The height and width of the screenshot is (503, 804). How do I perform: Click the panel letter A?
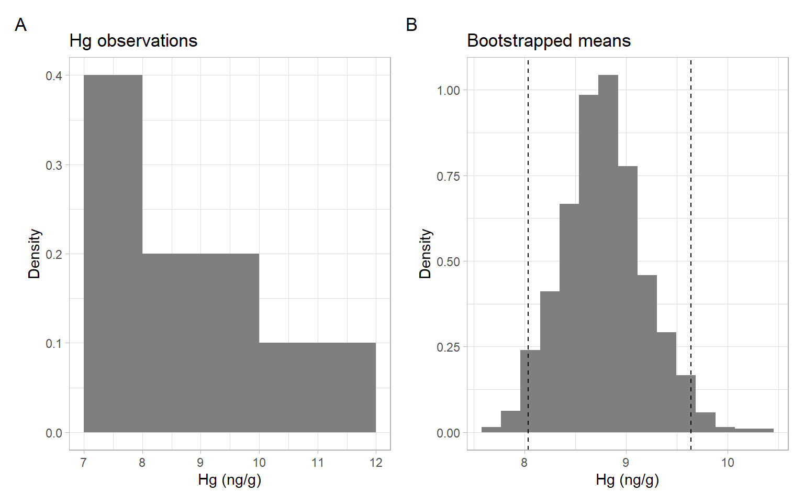(20, 25)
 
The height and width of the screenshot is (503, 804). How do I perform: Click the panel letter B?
(411, 25)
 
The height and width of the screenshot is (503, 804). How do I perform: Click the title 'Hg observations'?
(133, 41)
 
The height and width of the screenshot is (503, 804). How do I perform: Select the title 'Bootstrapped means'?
(549, 41)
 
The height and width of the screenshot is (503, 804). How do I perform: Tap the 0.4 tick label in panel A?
(53, 76)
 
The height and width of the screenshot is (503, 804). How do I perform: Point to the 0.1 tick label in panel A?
(53, 344)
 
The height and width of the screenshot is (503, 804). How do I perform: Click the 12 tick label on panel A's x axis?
(376, 463)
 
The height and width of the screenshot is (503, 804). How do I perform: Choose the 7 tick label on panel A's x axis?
(84, 463)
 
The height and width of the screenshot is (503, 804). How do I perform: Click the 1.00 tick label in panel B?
(448, 91)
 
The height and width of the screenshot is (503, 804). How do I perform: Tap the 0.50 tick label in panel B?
(448, 261)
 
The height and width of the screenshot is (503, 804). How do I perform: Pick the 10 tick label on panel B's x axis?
(728, 463)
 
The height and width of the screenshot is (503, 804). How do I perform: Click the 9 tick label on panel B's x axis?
(626, 463)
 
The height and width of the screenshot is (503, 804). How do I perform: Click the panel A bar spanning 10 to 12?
(317, 388)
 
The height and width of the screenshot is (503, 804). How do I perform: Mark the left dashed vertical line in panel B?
(528, 210)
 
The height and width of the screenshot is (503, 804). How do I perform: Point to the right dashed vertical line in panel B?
(691, 210)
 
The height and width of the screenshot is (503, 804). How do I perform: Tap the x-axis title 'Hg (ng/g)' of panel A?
(229, 479)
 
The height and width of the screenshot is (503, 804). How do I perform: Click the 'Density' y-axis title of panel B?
(425, 254)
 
